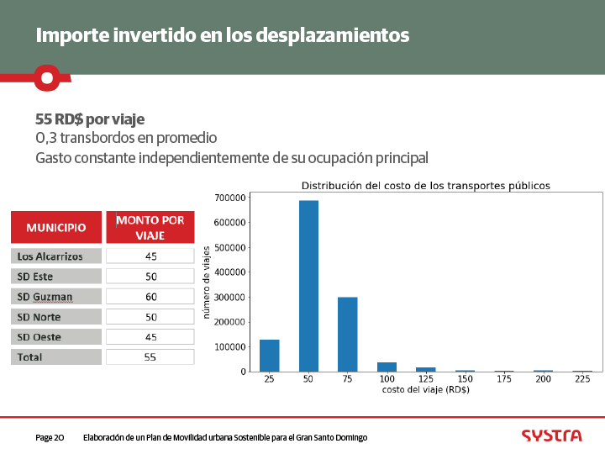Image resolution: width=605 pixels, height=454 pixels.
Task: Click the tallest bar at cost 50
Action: tap(308, 286)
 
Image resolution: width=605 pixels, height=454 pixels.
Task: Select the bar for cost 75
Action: tap(347, 334)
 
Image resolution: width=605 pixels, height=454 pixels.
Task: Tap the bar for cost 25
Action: tap(269, 355)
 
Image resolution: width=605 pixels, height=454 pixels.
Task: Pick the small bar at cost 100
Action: tap(387, 367)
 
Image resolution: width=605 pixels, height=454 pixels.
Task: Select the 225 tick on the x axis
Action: tap(582, 379)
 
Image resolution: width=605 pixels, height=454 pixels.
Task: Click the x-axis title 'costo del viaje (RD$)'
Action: tap(425, 390)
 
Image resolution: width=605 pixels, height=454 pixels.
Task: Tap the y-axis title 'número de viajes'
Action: tap(206, 282)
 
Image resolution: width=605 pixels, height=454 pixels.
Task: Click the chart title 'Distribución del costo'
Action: tap(425, 185)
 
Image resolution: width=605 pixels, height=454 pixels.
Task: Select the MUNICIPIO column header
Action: tap(56, 228)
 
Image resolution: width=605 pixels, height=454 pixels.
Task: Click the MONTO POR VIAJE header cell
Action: tap(150, 228)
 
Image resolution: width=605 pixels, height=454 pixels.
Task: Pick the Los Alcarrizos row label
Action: tap(56, 256)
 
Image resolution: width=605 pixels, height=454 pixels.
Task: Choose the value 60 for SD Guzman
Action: tap(150, 297)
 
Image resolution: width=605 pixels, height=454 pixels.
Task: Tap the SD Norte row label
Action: tap(56, 317)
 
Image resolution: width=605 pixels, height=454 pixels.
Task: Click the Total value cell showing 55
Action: tap(150, 357)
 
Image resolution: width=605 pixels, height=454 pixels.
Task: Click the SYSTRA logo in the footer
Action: tap(551, 436)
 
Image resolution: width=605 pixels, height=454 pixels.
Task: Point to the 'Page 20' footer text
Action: tap(50, 438)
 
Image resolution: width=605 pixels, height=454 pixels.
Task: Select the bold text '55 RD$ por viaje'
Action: tap(90, 119)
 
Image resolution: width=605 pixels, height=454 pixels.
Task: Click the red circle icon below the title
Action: tap(47, 78)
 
